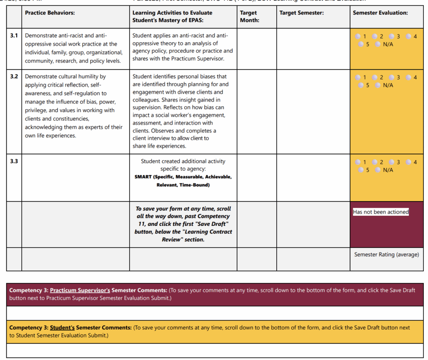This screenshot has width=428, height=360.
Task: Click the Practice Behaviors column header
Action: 50,13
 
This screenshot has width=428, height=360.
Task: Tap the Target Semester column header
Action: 301,13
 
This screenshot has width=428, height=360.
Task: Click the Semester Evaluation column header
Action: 380,13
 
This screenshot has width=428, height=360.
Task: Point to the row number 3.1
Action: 14,36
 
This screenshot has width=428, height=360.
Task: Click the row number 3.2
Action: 14,77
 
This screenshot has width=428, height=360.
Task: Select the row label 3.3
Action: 14,161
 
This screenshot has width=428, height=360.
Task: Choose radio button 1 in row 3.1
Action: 358,36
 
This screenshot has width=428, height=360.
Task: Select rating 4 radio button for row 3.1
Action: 408,36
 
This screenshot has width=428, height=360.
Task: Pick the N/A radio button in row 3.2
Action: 378,85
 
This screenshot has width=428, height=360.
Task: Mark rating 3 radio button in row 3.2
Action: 392,77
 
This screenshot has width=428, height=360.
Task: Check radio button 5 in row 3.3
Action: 361,170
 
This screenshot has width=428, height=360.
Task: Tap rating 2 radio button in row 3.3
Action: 375,162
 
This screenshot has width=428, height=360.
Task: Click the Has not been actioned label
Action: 380,212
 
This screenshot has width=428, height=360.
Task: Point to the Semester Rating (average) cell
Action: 386,254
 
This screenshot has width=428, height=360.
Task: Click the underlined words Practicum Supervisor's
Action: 80,290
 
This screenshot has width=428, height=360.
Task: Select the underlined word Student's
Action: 62,328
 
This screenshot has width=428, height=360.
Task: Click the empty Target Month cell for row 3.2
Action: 257,112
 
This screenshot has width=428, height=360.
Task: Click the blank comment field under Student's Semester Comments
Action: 215,350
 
